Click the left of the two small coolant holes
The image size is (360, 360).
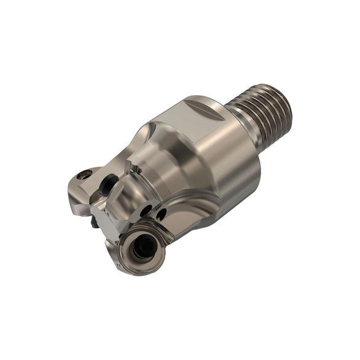tap(146, 211)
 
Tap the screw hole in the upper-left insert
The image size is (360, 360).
tap(84, 176)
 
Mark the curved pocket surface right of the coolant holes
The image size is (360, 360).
tap(184, 212)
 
